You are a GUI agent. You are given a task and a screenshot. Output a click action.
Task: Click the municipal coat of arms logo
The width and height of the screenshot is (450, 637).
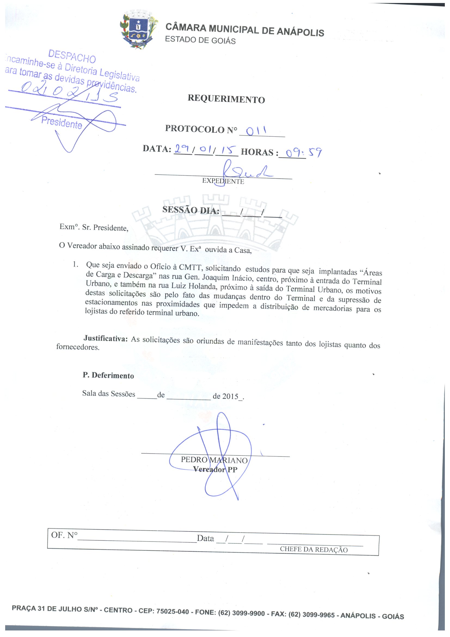coord(138,31)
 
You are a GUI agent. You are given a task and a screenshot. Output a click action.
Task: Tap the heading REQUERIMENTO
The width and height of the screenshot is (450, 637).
coord(226,99)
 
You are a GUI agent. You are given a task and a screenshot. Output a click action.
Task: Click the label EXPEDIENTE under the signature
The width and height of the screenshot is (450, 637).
coord(223,181)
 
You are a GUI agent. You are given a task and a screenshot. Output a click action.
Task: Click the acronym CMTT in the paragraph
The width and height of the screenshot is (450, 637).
coord(190,268)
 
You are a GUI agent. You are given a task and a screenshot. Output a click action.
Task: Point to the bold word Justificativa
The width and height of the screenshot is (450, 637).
coord(105,338)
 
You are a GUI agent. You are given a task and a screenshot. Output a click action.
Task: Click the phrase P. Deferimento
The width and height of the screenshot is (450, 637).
coord(108,375)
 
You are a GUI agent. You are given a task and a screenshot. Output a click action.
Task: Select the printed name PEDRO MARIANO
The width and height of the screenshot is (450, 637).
coord(214,460)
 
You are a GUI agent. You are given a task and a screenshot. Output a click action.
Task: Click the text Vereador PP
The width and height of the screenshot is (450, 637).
coord(215,469)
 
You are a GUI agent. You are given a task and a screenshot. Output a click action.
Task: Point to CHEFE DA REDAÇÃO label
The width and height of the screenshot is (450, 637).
coord(313,549)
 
